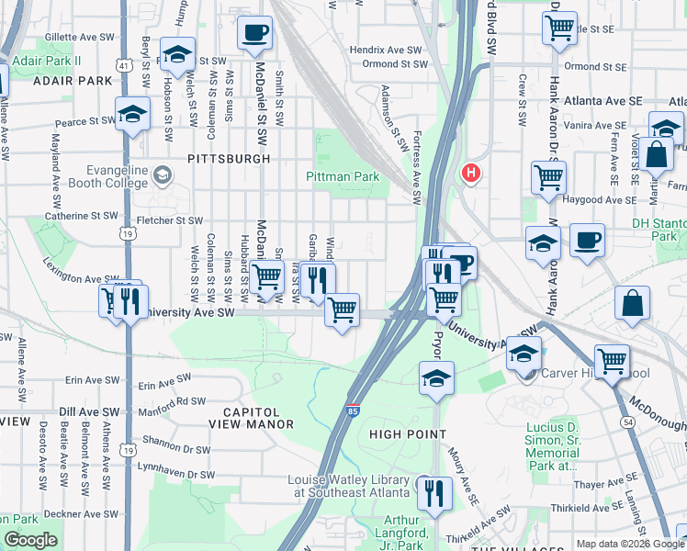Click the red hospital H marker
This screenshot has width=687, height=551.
tap(471, 172)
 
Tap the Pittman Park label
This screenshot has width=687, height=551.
tap(343, 175)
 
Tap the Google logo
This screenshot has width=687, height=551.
tap(30, 540)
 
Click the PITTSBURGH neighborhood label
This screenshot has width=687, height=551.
tap(229, 159)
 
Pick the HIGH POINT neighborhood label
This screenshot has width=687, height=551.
tap(407, 433)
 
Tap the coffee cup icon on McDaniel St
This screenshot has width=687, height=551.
tap(254, 32)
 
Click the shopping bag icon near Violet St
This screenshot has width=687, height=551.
tap(659, 156)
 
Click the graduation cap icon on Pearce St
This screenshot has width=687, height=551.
tap(133, 114)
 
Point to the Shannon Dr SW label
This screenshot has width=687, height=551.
tap(175, 449)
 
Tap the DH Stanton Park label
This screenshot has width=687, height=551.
tap(659, 230)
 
